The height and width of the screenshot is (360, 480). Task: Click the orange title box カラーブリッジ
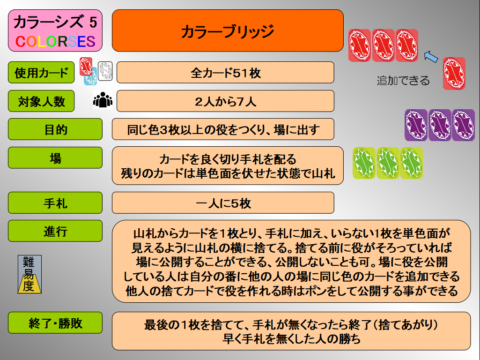[x=228, y=30]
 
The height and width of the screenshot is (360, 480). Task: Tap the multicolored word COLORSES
[x=55, y=42]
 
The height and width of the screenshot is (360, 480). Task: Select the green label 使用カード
[x=41, y=73]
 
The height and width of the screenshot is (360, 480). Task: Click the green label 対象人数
[x=41, y=101]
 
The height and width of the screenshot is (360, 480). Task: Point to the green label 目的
[x=55, y=129]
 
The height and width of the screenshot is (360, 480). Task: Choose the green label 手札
[x=55, y=203]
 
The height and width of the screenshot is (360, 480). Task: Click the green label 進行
[x=55, y=231]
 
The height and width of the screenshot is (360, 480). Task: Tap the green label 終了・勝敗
[x=55, y=323]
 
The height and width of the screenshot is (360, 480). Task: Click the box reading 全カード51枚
[x=225, y=73]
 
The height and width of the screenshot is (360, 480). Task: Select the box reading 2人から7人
[x=225, y=101]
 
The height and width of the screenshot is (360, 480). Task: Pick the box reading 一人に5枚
[x=223, y=203]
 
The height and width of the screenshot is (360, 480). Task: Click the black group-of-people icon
[x=103, y=100]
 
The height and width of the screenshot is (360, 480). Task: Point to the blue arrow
[x=431, y=57]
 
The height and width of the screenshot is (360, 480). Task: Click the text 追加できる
[x=403, y=81]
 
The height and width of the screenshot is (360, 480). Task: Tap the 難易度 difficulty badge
[x=30, y=274]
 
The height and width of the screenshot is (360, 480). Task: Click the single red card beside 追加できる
[x=454, y=74]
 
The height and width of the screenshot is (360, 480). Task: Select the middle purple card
[x=440, y=125]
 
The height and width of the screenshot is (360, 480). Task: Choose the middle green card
[x=388, y=163]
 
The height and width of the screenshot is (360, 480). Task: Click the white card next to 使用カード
[x=105, y=71]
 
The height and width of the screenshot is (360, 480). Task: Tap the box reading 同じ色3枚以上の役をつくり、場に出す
[x=223, y=129]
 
